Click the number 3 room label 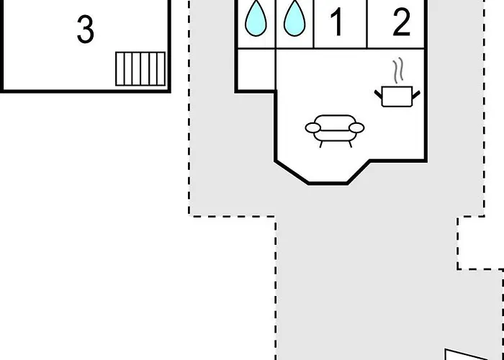point(86,30)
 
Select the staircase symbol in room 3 point(140,69)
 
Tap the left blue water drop point(256,18)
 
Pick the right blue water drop point(294,18)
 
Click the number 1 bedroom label point(337,22)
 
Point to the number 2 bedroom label point(402,22)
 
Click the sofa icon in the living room point(335,131)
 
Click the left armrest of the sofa point(312,128)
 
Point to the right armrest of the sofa point(356,128)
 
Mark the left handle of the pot point(379,95)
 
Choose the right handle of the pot point(416,95)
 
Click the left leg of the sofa point(321,144)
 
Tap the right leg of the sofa point(350,144)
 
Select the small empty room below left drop point(256,69)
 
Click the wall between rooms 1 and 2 point(367,24)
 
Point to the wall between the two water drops point(276,24)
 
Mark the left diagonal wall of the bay point(292,172)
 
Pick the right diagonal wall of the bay point(358,171)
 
